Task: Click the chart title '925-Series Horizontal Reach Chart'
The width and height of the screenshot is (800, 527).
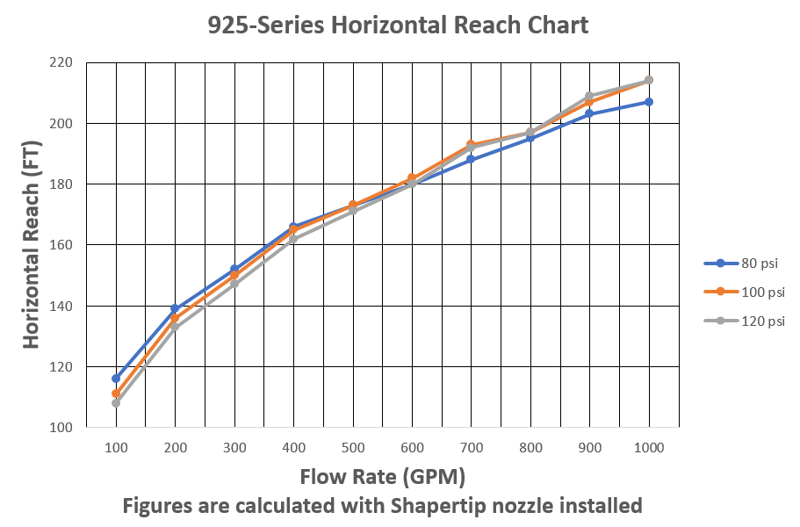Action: click(398, 25)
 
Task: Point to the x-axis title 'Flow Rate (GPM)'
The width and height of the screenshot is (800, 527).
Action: click(382, 477)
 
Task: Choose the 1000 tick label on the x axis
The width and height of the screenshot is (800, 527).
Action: click(649, 447)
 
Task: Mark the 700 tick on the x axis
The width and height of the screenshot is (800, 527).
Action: click(472, 447)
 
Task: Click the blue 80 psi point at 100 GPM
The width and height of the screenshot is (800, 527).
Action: click(116, 379)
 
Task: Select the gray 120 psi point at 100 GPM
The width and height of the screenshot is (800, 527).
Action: click(116, 403)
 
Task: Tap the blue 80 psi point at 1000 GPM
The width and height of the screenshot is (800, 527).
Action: click(649, 102)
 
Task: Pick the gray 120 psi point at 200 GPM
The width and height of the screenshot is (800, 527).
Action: click(175, 327)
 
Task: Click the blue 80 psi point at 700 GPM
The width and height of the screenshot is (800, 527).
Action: click(472, 159)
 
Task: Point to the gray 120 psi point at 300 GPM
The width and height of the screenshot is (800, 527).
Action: click(234, 283)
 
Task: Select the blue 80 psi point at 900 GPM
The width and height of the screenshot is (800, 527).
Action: click(589, 113)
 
